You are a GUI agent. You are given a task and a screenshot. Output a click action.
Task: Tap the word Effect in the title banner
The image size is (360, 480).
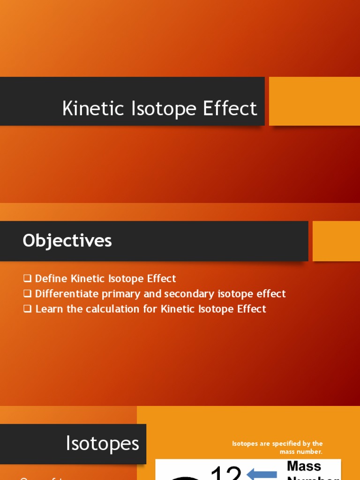(230, 108)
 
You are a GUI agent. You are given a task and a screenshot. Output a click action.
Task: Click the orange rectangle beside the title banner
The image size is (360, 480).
(315, 101)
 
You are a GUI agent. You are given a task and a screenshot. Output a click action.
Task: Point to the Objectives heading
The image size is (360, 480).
(67, 240)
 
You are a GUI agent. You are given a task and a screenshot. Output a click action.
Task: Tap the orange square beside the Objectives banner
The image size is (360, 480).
(336, 241)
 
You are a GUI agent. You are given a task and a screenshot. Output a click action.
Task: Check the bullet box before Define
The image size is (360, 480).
(27, 278)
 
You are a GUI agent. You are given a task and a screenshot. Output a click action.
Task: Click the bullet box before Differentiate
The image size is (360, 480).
(27, 294)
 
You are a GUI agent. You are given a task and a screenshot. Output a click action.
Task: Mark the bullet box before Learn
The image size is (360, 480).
(27, 309)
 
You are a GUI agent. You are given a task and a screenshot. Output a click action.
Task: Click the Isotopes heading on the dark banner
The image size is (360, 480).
(103, 443)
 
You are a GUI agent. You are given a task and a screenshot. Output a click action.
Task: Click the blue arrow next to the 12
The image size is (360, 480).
(262, 473)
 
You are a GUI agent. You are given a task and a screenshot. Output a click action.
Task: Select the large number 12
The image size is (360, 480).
(226, 472)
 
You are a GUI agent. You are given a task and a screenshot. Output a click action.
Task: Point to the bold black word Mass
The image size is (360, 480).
(304, 466)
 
